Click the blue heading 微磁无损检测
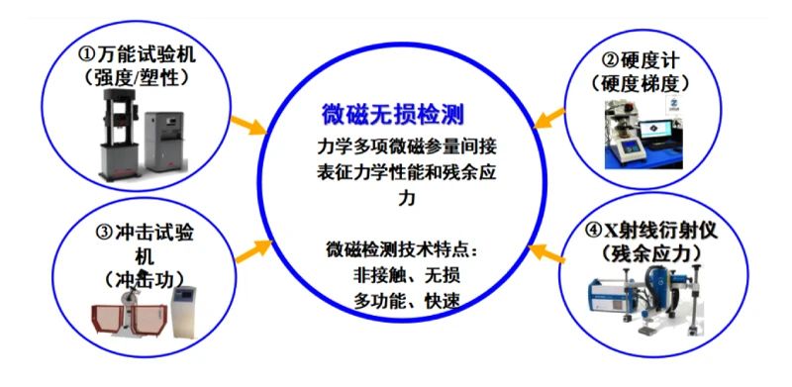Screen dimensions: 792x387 (x=392, y=116)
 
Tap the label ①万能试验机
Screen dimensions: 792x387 (x=137, y=54)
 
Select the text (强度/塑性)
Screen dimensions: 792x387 (x=137, y=76)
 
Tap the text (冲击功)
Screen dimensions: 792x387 (x=144, y=278)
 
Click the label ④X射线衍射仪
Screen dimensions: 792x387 (x=651, y=231)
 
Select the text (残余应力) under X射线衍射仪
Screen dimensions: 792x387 (x=651, y=252)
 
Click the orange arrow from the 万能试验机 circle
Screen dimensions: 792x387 (x=248, y=126)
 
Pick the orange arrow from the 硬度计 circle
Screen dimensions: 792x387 (x=549, y=118)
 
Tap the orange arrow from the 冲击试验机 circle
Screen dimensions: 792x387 (x=254, y=250)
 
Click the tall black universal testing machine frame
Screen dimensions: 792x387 (x=120, y=134)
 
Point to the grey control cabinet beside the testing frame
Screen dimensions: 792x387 (x=163, y=141)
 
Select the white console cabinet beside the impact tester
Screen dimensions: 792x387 (x=183, y=312)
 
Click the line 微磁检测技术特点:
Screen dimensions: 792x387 (x=402, y=250)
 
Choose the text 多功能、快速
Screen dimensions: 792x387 (x=407, y=302)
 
